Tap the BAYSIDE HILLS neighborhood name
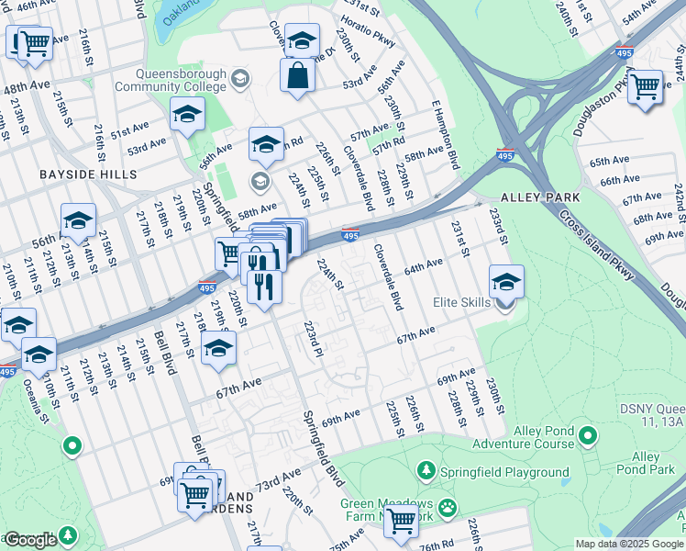tap(88, 174)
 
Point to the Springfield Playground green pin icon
tap(426, 471)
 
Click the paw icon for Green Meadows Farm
tap(447, 507)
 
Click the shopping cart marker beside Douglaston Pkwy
tap(646, 86)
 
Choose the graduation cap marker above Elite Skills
tap(505, 281)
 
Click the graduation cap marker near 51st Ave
tap(187, 115)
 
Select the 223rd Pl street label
tap(314, 339)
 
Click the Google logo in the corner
tap(30, 540)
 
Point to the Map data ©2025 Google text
tap(628, 543)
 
